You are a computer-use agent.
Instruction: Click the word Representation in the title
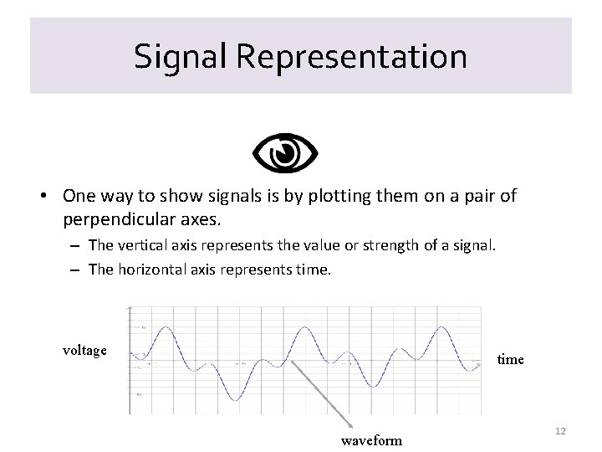point(351,57)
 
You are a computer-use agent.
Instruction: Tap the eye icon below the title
point(285,152)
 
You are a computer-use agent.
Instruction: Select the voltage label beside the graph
point(84,350)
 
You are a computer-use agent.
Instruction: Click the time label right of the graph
point(510,359)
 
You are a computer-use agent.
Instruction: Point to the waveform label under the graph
point(371,440)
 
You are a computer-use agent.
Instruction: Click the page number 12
point(560,430)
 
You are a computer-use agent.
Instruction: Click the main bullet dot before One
point(41,197)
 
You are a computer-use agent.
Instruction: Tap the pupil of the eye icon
point(285,152)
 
